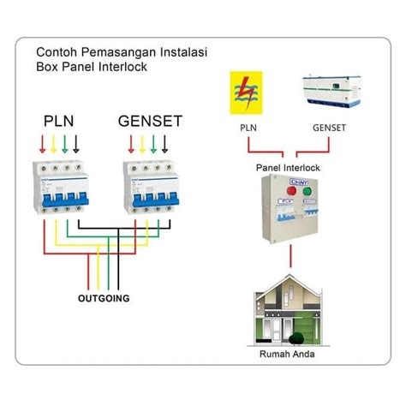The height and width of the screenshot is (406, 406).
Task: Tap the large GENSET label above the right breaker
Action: point(150,122)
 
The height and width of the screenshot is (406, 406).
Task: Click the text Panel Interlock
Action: point(288,168)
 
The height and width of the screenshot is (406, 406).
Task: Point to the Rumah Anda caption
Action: point(288,353)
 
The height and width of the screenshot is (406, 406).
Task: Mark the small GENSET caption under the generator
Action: point(329,127)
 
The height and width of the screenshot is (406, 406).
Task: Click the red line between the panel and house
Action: point(289,255)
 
